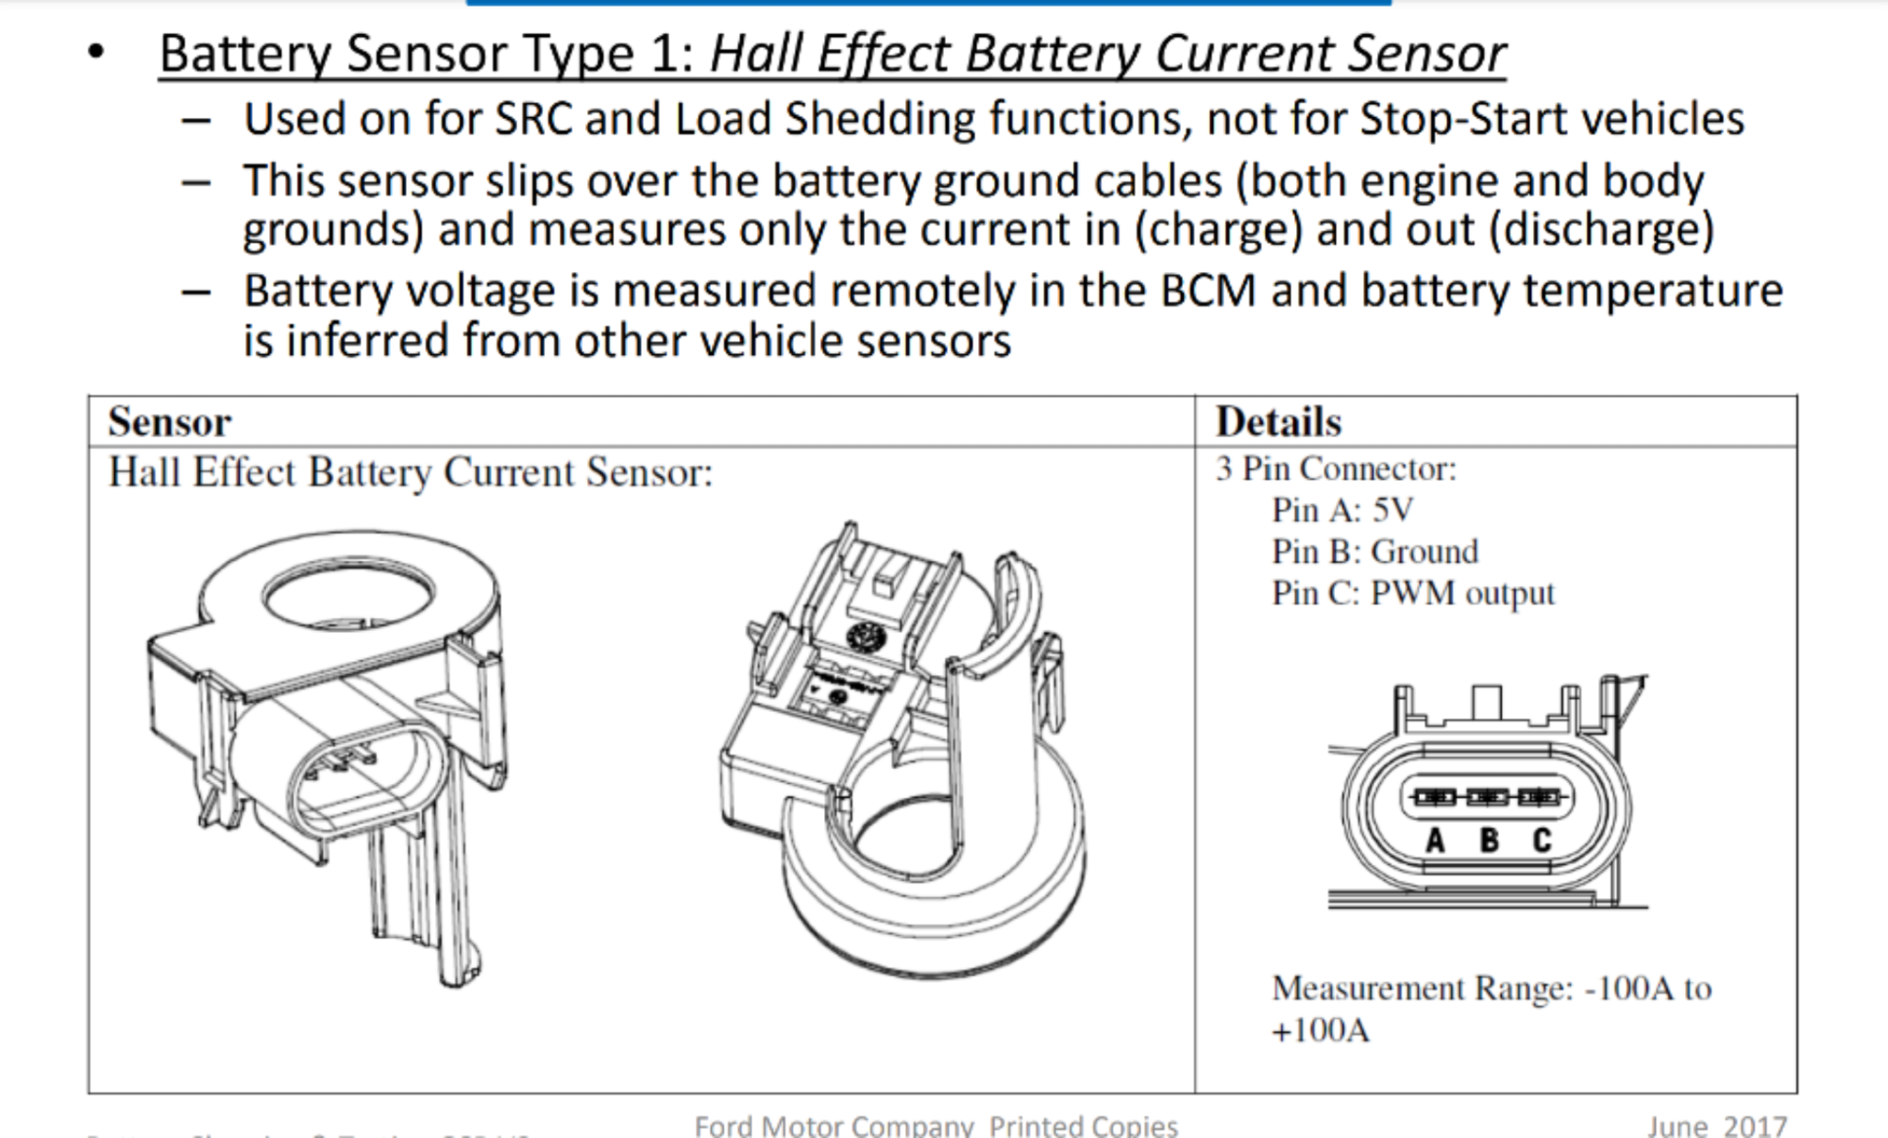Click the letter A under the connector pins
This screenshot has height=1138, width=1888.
1435,840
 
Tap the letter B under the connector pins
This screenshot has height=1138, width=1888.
1489,840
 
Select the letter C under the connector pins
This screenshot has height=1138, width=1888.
1542,840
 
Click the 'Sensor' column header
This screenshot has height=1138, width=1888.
170,422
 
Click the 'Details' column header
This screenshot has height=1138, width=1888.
1278,422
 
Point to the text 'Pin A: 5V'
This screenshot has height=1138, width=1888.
1341,510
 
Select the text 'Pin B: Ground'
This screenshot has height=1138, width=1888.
1374,552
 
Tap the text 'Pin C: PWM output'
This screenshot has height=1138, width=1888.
1412,593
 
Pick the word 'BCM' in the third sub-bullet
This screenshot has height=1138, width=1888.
1207,291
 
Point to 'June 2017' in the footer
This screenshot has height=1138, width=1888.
1716,1126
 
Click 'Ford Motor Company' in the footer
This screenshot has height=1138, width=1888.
834,1126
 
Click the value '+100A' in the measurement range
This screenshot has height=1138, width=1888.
1320,1030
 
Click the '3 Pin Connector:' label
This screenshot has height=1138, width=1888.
1336,468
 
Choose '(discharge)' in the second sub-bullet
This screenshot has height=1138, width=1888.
1601,230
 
